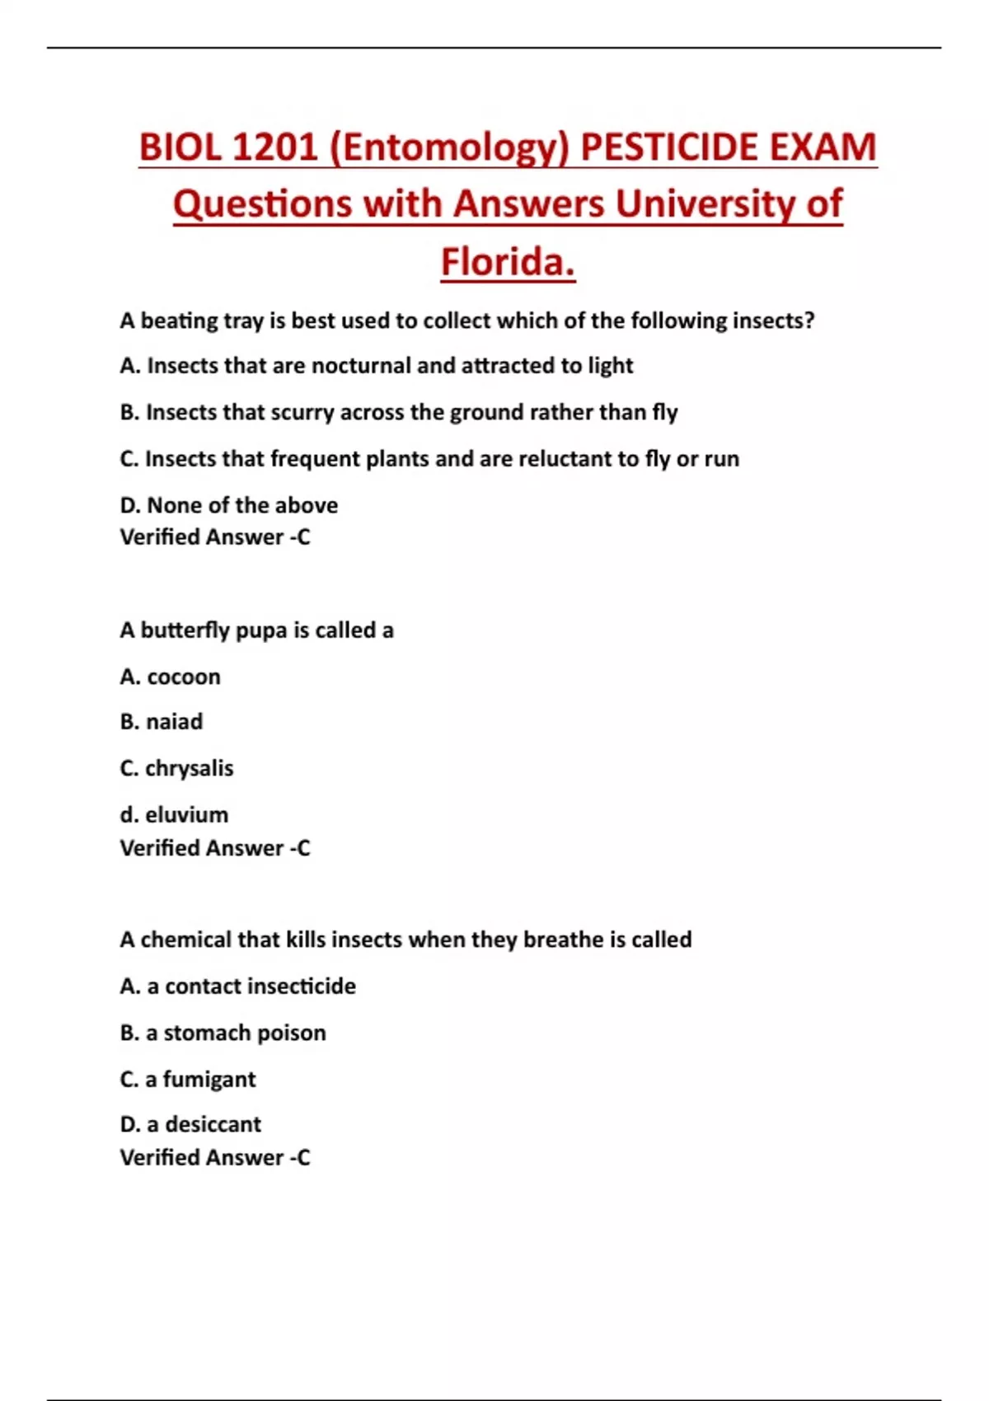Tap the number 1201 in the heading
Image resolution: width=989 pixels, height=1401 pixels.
point(274,148)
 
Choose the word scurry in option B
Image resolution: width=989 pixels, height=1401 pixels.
point(302,412)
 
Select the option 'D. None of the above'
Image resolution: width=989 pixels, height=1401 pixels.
point(228,504)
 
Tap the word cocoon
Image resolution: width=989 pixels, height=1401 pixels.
point(183,677)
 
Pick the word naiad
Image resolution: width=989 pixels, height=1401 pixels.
point(174,722)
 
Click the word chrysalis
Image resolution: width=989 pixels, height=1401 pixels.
point(190,768)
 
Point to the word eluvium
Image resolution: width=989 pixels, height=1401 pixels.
point(186,814)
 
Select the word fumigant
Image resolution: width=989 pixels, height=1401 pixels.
point(209,1079)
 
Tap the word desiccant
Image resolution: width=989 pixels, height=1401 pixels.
point(213,1124)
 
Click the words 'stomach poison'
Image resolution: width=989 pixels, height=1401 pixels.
point(245,1033)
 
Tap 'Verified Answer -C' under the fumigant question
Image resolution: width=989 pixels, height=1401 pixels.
point(214,1157)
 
